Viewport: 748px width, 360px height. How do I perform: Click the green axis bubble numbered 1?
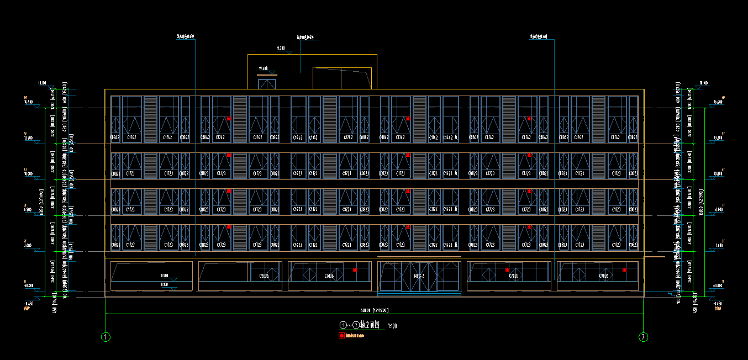pos(106,336)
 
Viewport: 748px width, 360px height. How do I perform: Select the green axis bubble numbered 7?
pos(643,336)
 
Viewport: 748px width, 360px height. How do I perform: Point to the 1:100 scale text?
pos(392,326)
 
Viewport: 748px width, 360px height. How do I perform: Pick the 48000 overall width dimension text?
pos(375,310)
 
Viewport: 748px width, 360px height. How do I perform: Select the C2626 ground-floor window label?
pos(261,276)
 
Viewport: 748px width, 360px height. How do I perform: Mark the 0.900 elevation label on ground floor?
pos(165,276)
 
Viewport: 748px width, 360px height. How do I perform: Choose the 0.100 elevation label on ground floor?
pos(165,284)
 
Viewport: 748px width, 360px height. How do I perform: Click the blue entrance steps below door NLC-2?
pos(419,294)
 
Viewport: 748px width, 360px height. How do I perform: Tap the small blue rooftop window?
pos(267,84)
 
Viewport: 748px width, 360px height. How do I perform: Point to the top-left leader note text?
pos(186,38)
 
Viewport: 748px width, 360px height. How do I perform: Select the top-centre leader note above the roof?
pos(308,38)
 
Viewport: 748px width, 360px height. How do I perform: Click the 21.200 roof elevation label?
pos(281,49)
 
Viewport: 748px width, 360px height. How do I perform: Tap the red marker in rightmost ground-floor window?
pos(624,270)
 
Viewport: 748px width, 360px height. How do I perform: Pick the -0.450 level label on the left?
pos(28,304)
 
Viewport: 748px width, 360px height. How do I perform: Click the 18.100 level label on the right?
pos(703,83)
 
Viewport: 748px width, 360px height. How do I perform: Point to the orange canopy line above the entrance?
pos(419,257)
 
